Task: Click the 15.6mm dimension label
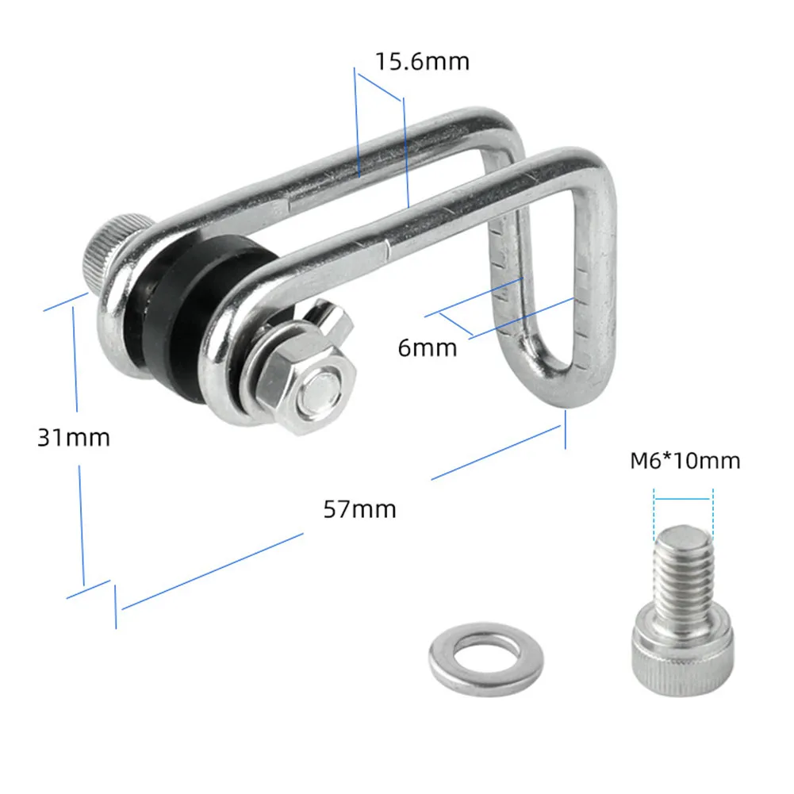(x=422, y=61)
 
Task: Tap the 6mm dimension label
(x=428, y=348)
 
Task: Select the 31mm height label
(x=74, y=438)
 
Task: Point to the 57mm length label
(x=359, y=509)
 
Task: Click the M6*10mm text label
(x=685, y=461)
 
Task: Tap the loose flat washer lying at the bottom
(x=486, y=659)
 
